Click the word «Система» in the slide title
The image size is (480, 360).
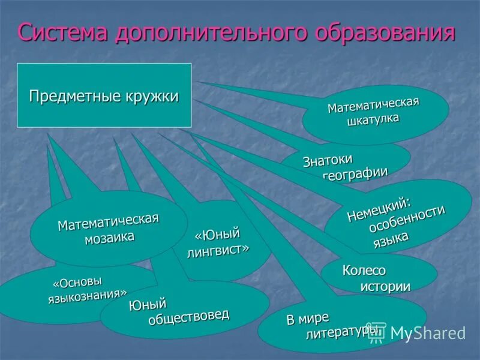coord(62,32)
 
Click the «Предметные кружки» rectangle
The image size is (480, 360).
coord(104,95)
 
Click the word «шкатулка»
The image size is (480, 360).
coord(373,119)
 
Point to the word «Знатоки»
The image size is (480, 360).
coord(327,160)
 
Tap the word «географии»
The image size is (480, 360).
coord(356,172)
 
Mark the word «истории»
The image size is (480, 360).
coord(385,286)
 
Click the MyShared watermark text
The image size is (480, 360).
coord(428,332)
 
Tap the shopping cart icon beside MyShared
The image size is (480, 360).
coord(376,332)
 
